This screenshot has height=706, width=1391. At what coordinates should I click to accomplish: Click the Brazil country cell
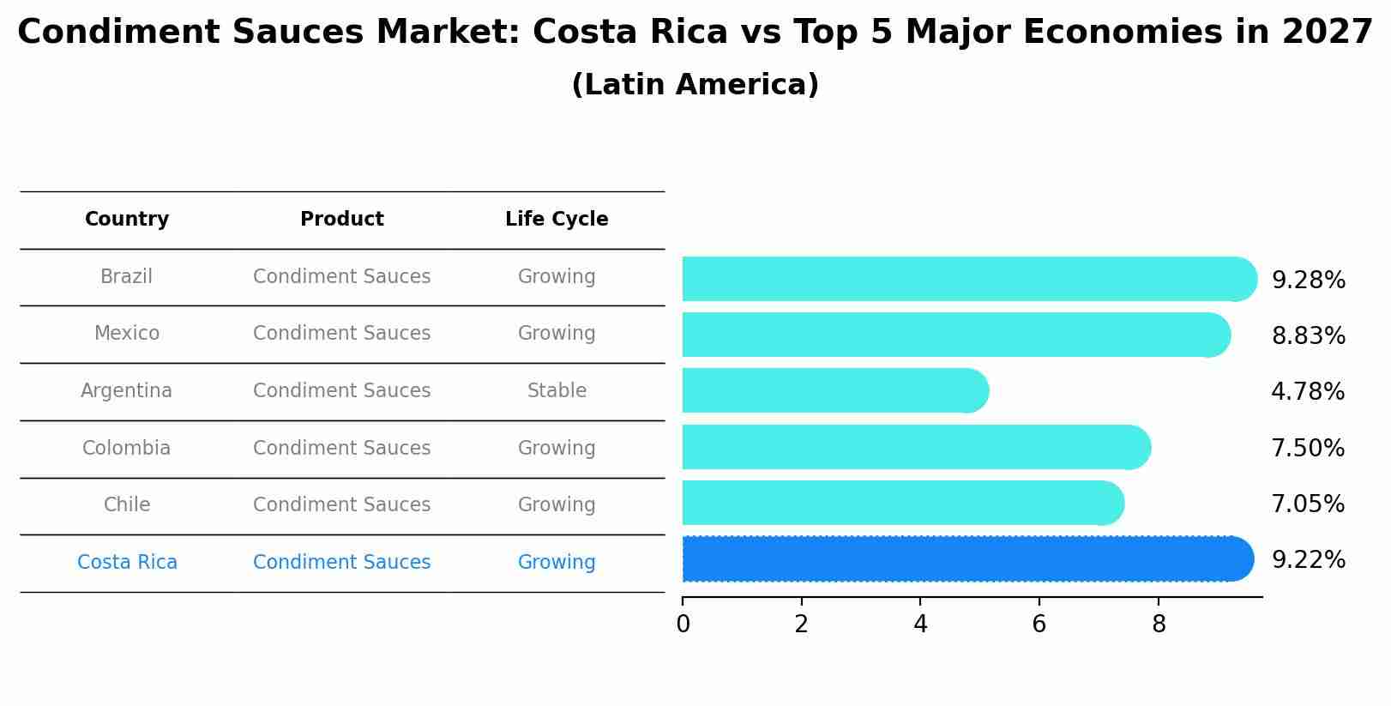click(126, 277)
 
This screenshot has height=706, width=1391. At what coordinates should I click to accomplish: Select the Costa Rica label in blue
click(127, 563)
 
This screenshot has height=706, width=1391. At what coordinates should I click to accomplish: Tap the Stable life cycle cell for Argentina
click(557, 391)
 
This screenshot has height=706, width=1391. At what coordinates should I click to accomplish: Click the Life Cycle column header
click(557, 220)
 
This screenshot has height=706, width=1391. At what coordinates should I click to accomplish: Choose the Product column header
click(341, 220)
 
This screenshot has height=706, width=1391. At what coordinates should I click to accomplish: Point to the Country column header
click(126, 220)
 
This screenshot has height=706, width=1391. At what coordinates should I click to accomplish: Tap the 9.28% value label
click(1308, 281)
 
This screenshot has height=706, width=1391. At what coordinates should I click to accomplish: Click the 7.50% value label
click(1307, 449)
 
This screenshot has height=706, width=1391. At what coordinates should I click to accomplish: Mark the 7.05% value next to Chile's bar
click(1307, 504)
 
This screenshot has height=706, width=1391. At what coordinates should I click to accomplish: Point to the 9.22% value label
click(1308, 560)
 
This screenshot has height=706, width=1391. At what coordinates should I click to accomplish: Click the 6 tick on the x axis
click(1039, 625)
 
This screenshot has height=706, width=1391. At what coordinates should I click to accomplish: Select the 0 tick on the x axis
click(683, 625)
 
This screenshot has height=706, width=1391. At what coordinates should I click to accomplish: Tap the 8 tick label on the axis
click(1159, 625)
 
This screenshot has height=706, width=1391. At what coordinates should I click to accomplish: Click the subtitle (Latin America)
click(695, 85)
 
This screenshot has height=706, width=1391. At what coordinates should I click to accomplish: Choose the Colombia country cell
click(126, 449)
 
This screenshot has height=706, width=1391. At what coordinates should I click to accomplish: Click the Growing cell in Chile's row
click(557, 505)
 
